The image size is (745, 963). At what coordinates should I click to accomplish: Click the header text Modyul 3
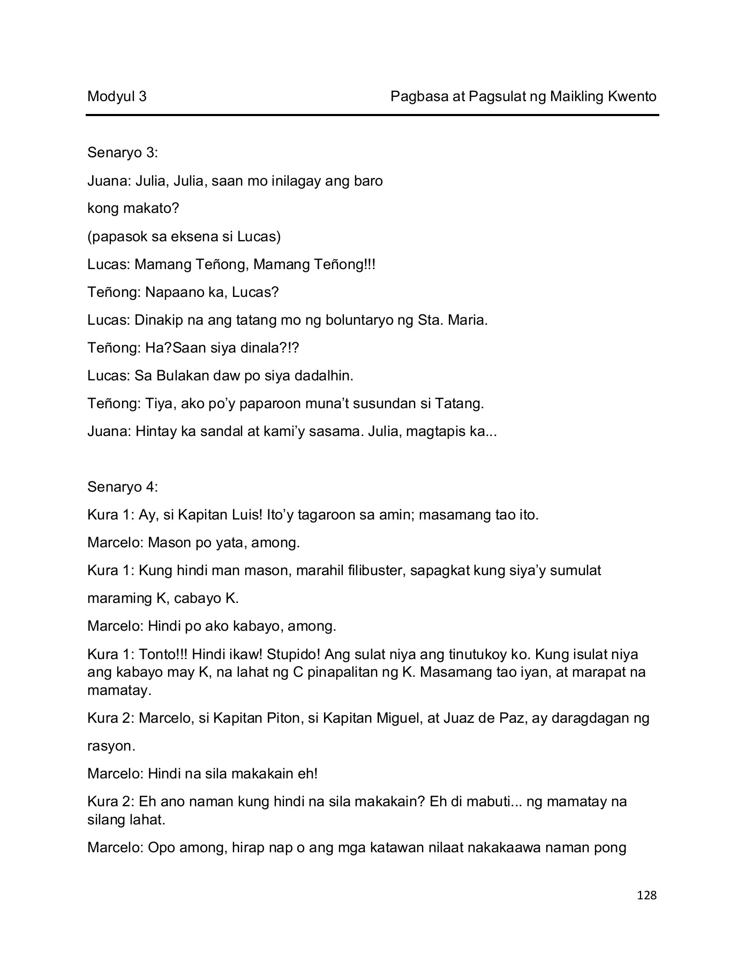[x=117, y=96]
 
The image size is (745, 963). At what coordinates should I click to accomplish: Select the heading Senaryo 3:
[x=123, y=153]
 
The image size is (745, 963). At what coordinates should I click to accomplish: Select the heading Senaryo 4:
[x=123, y=487]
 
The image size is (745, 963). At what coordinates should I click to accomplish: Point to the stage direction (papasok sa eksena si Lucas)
[x=184, y=236]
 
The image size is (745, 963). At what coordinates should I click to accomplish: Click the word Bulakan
[x=183, y=376]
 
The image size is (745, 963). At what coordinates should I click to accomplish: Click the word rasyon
[x=111, y=746]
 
